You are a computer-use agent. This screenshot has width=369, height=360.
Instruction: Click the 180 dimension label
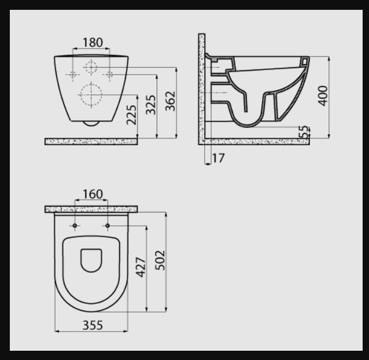93,43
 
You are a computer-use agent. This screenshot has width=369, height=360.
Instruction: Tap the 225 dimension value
131,115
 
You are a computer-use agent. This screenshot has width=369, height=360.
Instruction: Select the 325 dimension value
150,105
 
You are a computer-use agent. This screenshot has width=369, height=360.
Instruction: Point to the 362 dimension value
171,101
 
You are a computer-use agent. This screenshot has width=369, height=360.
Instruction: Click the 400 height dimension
323,96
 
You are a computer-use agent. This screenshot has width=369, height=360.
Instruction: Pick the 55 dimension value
304,132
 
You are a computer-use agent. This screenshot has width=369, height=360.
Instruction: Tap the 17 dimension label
219,158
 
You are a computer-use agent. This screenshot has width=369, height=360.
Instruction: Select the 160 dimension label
93,194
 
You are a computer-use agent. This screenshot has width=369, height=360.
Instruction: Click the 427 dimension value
141,267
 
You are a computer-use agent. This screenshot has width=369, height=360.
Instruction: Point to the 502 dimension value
160,260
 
